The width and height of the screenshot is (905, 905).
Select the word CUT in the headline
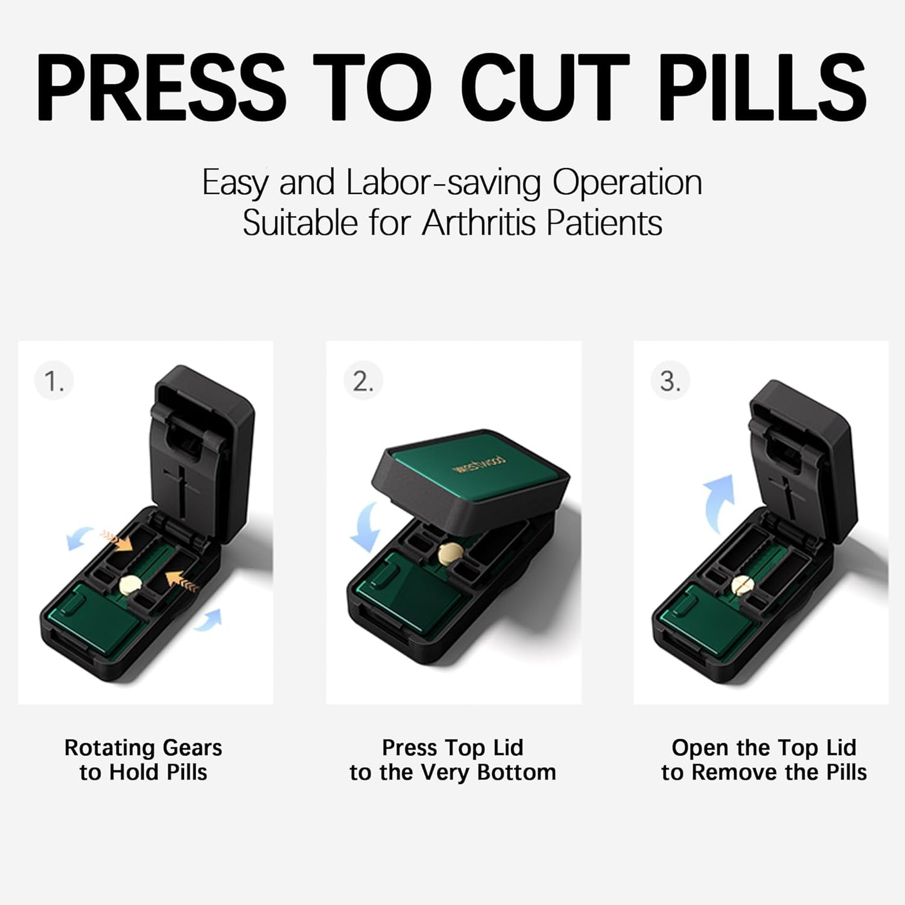[x=544, y=87]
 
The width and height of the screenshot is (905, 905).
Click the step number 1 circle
[x=54, y=381]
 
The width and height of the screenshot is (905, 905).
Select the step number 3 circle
[x=670, y=381]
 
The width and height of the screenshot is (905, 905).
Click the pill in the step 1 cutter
[x=131, y=584]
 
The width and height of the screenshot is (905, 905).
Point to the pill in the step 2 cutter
[x=450, y=552]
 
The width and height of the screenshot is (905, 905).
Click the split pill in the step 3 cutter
[x=743, y=586]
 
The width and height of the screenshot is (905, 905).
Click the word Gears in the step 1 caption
[x=192, y=748]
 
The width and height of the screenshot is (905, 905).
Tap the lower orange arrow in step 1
[x=181, y=581]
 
